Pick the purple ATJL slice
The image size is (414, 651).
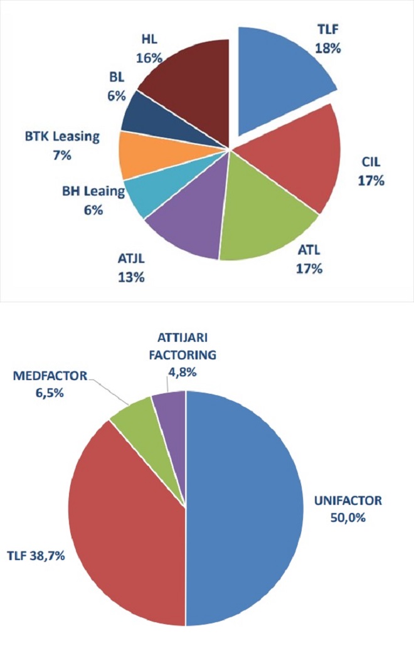coord(188,220)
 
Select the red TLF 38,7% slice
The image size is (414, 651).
coord(125,521)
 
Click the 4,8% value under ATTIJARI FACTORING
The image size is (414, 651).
coord(182,371)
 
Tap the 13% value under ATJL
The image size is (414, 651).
coord(131,277)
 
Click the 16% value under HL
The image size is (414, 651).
coord(149,58)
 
